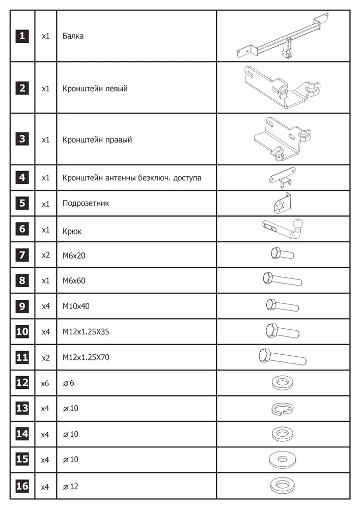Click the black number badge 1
(22, 36)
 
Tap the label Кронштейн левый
(95, 89)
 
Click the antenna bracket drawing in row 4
(283, 178)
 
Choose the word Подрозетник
(86, 203)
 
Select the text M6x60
(74, 280)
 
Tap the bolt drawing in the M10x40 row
(282, 306)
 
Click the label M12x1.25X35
(86, 332)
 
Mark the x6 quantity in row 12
(45, 383)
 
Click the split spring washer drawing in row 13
(283, 409)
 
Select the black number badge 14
(22, 434)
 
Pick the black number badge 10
(22, 332)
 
